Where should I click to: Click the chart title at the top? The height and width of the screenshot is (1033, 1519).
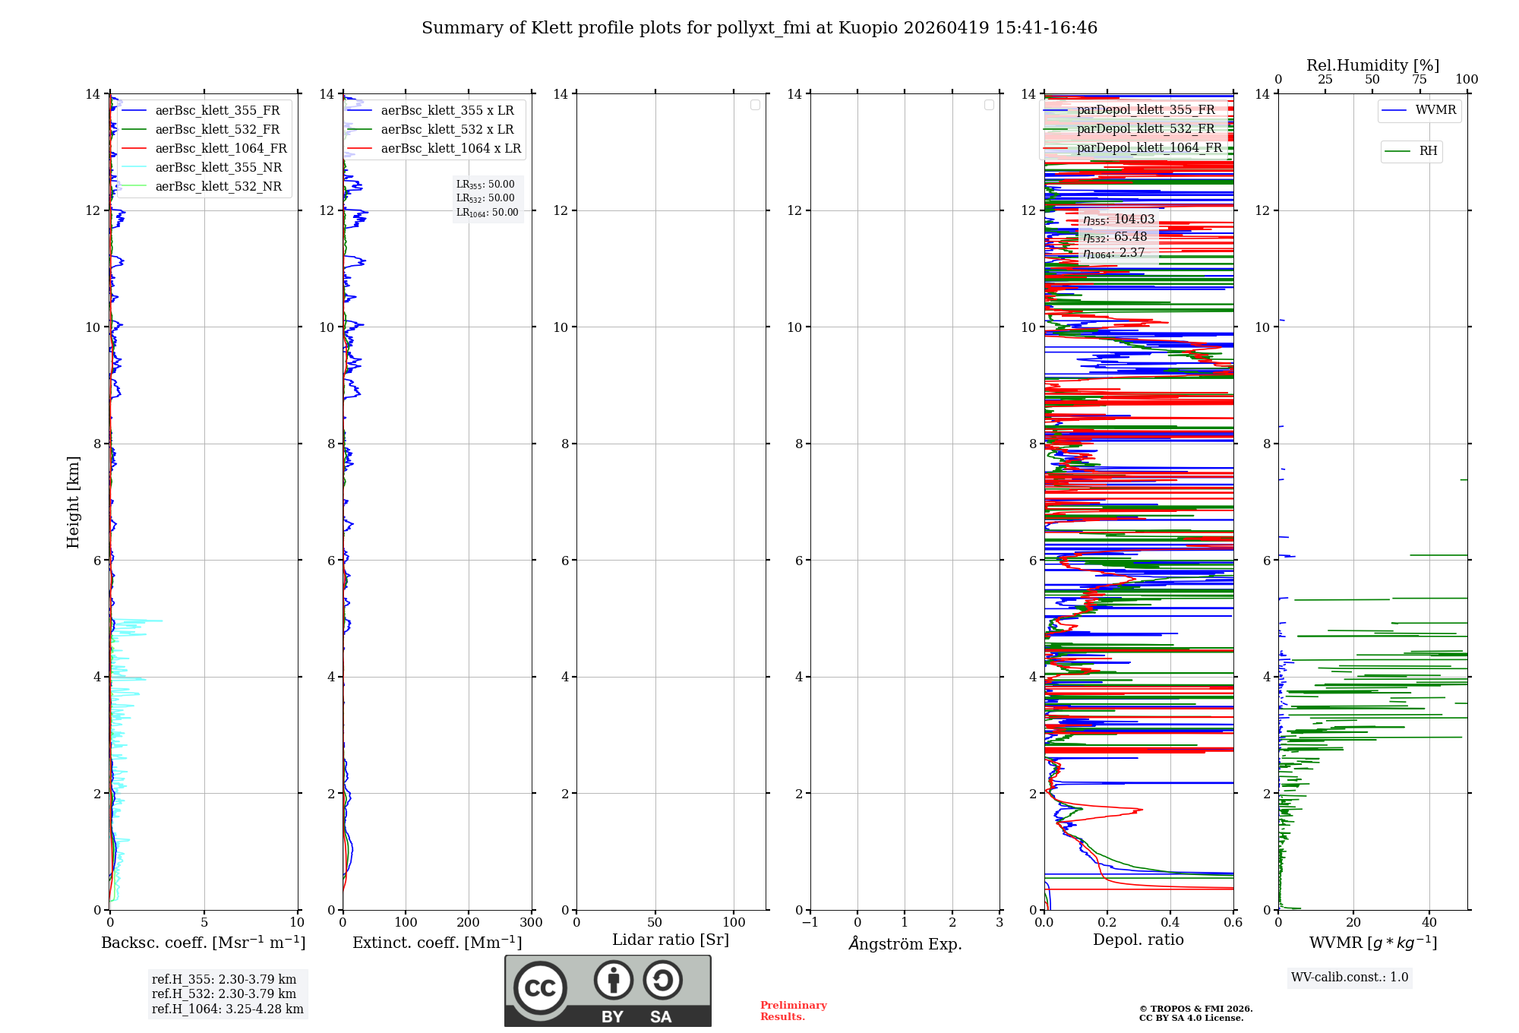click(759, 28)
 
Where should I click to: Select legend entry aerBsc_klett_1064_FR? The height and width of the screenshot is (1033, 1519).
click(220, 149)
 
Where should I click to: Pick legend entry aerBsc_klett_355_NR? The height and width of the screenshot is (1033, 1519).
click(218, 168)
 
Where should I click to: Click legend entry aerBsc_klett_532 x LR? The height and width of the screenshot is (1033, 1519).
click(447, 130)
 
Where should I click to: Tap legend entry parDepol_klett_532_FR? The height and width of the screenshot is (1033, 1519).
click(1145, 129)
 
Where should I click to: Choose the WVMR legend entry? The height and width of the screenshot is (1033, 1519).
click(1435, 110)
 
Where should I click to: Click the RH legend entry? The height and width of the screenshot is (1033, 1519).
click(1427, 151)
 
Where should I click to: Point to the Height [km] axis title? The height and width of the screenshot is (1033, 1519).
click(73, 502)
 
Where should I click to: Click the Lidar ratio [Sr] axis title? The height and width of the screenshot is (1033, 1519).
click(671, 940)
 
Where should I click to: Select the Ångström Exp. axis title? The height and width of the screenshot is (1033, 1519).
click(905, 943)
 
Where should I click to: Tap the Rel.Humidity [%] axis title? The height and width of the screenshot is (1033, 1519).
click(1372, 65)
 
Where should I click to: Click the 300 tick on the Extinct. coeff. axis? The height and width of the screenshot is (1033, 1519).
click(531, 923)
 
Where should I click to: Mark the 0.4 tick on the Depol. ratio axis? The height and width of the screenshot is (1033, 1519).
click(1170, 923)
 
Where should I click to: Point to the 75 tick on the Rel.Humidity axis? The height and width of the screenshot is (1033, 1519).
click(1420, 80)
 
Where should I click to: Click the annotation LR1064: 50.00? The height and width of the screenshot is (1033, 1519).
click(487, 213)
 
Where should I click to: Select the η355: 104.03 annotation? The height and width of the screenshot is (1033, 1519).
click(1118, 220)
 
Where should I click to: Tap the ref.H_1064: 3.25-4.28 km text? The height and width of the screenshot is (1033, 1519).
click(227, 1009)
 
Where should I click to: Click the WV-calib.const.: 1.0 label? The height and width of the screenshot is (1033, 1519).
click(1349, 978)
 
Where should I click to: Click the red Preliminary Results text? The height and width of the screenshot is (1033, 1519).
click(793, 1011)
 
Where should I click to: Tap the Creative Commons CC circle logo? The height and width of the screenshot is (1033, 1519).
click(540, 988)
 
